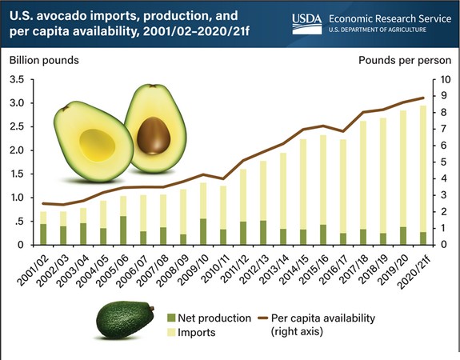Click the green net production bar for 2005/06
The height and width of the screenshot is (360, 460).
[x=123, y=230]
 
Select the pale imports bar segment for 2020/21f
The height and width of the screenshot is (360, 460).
[x=422, y=169]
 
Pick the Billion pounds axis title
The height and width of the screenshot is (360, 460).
[x=44, y=61]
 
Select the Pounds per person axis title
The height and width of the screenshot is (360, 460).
[x=405, y=61]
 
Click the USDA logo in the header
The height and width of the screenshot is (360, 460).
[x=307, y=24]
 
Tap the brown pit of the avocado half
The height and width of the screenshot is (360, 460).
[x=154, y=135]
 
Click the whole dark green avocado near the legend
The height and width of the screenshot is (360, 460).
[x=126, y=319]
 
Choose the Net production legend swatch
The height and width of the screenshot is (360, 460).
[x=171, y=318]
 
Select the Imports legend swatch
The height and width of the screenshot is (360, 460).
[x=171, y=333]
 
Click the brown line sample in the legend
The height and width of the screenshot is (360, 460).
[x=263, y=318]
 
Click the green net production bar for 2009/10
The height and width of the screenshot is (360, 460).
[x=203, y=231]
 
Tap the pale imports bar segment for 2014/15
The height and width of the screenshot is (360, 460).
[x=303, y=184]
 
